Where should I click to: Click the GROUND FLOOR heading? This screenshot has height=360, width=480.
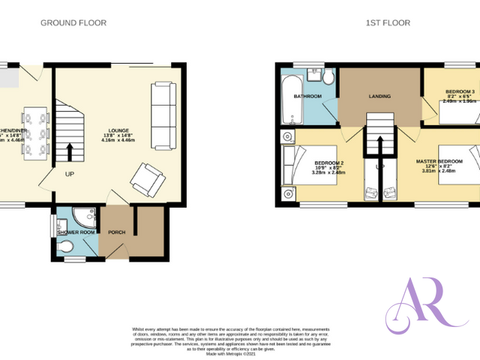point(73,23)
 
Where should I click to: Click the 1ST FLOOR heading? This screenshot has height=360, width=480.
point(388,23)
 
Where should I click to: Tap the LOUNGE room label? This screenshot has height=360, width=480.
point(119,129)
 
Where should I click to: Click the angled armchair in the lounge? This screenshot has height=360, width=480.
point(145,178)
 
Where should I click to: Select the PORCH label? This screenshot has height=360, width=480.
point(117,232)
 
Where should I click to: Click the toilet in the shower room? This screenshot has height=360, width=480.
point(65,245)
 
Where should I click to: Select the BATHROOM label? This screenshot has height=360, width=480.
point(307,97)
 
